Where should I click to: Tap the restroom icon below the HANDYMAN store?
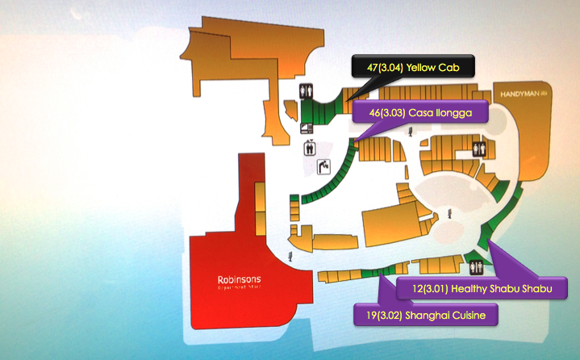pos(480,149)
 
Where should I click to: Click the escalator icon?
pos(323,166)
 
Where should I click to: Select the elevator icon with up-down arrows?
pos(309,148)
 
